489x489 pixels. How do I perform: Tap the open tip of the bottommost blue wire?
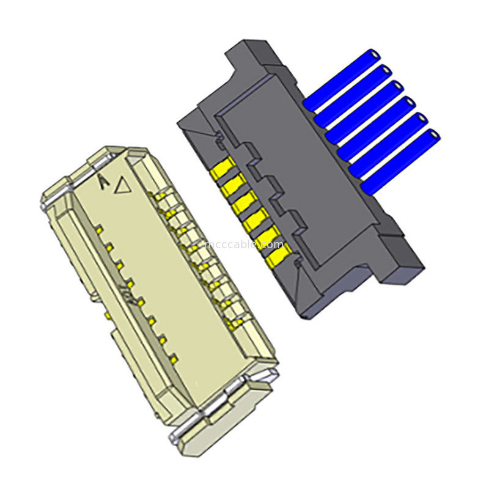(435, 134)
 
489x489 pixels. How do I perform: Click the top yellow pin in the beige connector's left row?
(98, 227)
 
